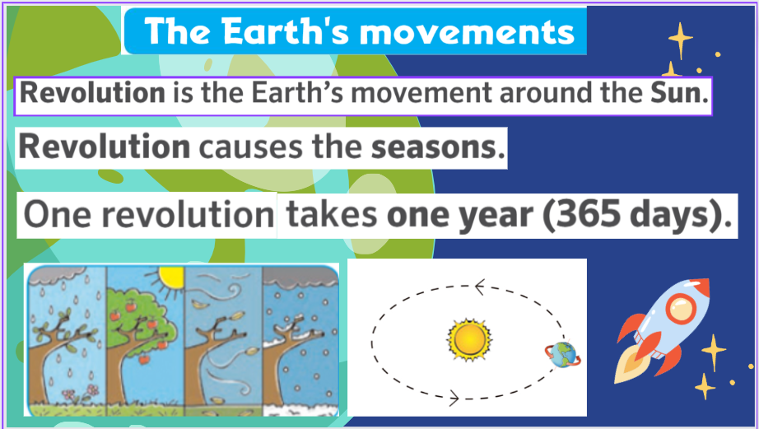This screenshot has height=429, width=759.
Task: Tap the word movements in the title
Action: [x=467, y=32]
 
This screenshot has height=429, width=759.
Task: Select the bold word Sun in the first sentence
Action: [x=679, y=92]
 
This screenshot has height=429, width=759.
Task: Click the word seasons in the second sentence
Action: [x=438, y=147]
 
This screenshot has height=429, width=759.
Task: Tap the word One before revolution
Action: [x=57, y=214]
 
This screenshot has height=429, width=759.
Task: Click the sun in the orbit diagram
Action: [x=469, y=340]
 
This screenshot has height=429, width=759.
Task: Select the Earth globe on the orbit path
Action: [x=563, y=355]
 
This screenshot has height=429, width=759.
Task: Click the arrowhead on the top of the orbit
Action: [x=480, y=287]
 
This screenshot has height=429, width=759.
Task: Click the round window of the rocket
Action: [x=681, y=309]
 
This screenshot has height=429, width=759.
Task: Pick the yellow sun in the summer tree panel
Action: [x=170, y=278]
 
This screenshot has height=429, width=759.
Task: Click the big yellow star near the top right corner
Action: [x=680, y=40]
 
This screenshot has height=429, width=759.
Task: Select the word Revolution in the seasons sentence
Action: [x=104, y=147]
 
